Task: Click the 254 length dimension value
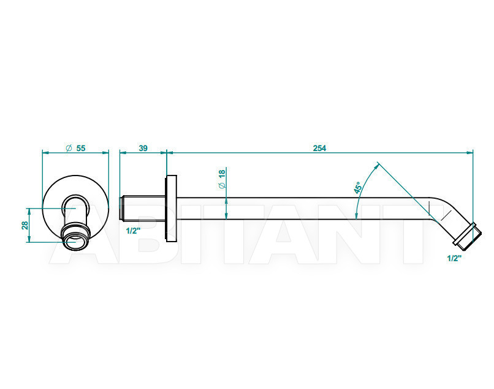click(319, 148)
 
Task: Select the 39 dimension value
click(143, 148)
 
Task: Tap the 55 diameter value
click(81, 148)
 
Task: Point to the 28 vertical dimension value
click(25, 225)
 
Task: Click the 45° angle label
click(357, 187)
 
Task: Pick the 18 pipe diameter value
click(222, 174)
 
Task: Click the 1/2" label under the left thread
click(133, 231)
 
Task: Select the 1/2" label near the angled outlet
click(454, 258)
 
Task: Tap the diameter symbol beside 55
click(69, 148)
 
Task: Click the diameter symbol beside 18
click(222, 185)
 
